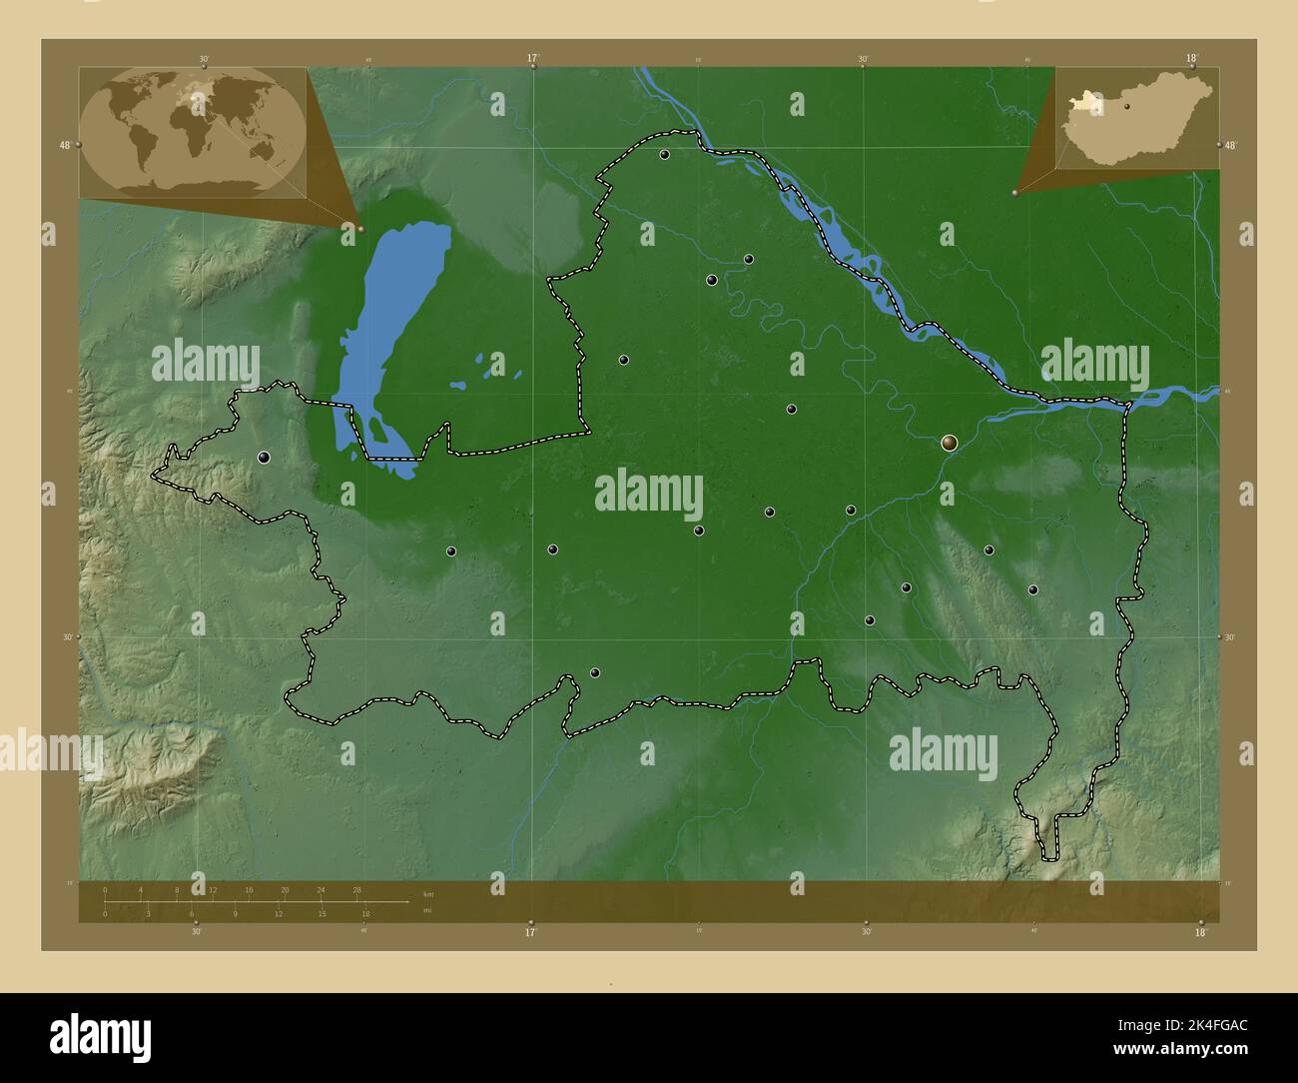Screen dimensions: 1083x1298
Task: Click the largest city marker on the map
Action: (949, 442)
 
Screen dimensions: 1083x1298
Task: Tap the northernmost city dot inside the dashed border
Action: (664, 155)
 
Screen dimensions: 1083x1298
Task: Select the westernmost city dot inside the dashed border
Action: (264, 458)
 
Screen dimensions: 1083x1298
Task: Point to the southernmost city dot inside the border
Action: (595, 673)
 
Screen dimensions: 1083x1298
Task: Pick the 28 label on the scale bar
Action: (356, 889)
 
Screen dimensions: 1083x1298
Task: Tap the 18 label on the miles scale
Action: (365, 913)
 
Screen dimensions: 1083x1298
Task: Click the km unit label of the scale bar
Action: (428, 893)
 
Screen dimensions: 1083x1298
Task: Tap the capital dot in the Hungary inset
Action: (1126, 105)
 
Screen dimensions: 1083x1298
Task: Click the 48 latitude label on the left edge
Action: (65, 145)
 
